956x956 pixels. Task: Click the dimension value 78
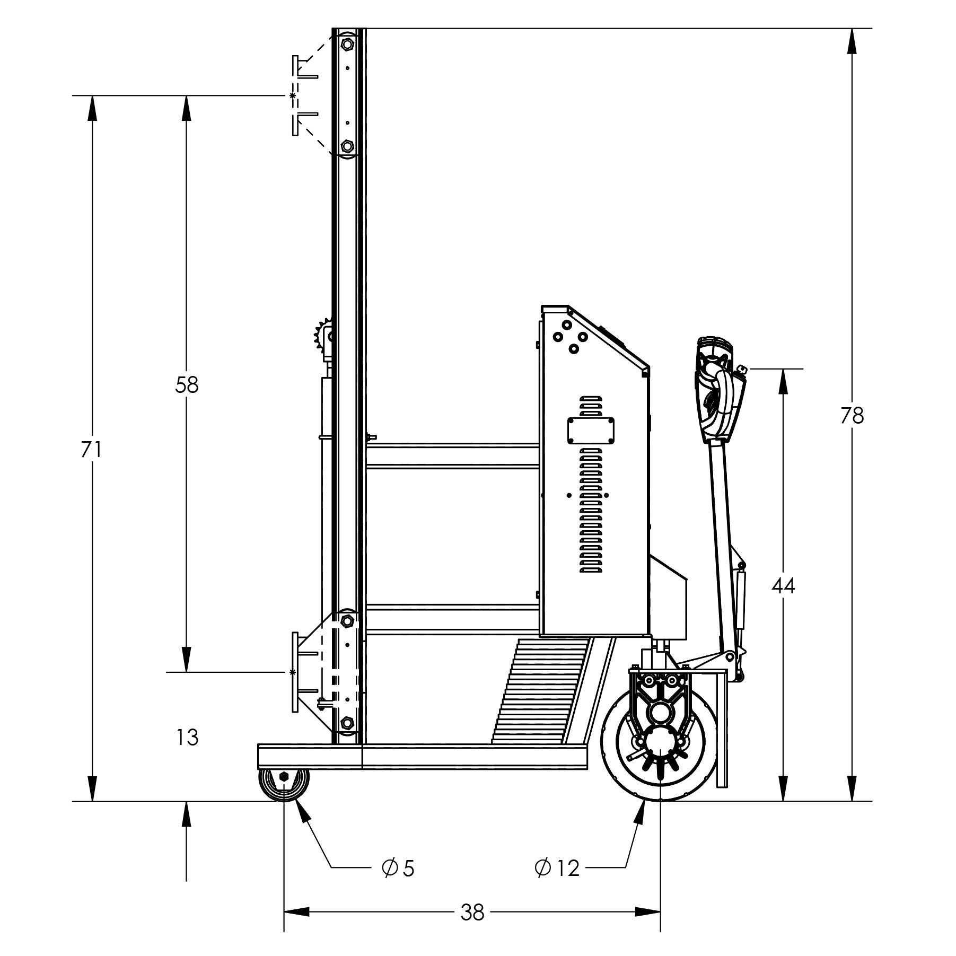pos(852,415)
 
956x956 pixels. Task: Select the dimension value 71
pos(91,450)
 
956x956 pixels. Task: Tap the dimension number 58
pos(186,385)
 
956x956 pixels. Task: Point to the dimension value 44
pos(783,586)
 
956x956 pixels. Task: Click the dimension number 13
pos(187,737)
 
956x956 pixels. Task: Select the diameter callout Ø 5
pos(398,868)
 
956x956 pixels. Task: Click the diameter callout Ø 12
pos(557,868)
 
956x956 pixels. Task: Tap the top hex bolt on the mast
pos(347,44)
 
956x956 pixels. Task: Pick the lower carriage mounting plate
pos(295,672)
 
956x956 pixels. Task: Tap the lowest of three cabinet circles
pos(573,348)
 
